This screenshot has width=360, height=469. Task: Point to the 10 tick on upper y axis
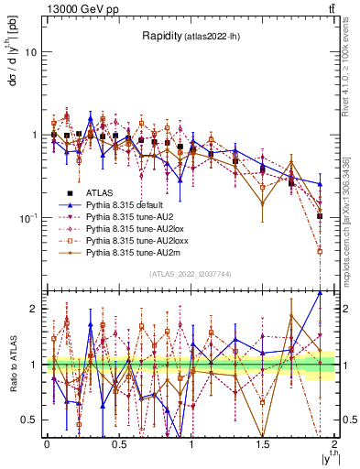(x=30, y=52)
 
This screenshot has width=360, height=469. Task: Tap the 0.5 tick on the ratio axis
(x=30, y=420)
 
